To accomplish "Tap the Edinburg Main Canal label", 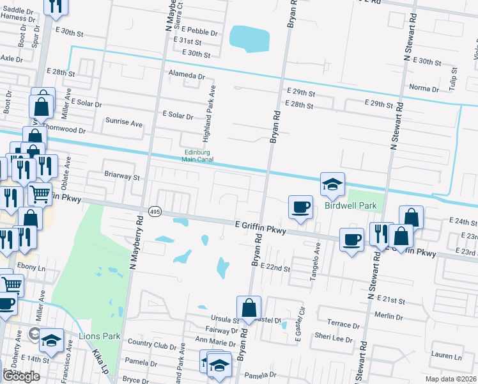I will (198, 156).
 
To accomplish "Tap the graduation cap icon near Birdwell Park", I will (332, 184).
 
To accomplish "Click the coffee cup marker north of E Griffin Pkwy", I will (301, 207).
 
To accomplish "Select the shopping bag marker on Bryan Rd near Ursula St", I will (249, 308).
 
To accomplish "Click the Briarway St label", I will (121, 175).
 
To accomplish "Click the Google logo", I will (21, 376).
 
